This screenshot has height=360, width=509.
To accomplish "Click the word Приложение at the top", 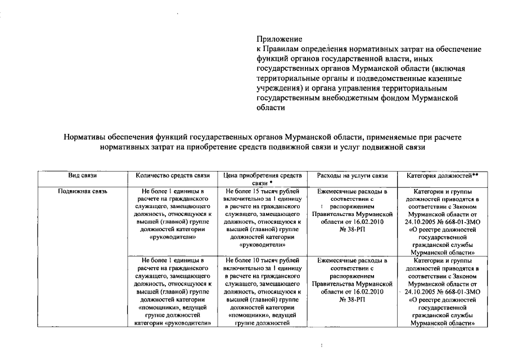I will [x=280, y=39].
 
